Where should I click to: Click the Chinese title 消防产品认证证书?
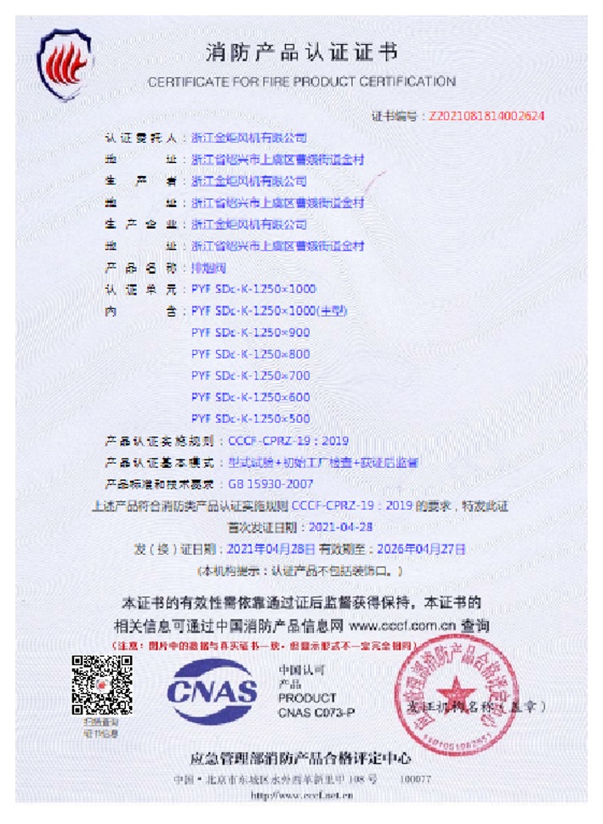click(x=301, y=55)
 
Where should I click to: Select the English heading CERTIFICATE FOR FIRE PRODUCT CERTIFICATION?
click(x=301, y=82)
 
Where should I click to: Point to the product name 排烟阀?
click(x=204, y=268)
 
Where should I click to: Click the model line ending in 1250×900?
click(x=251, y=332)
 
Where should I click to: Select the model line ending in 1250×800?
click(x=251, y=353)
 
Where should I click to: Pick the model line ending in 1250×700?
click(x=251, y=375)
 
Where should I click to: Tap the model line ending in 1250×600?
click(x=251, y=397)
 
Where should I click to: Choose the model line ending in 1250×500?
click(x=251, y=418)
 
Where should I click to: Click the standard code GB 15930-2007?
click(x=266, y=484)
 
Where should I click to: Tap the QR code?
click(x=101, y=685)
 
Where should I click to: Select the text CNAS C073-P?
click(x=316, y=714)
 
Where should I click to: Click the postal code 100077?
click(x=416, y=778)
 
